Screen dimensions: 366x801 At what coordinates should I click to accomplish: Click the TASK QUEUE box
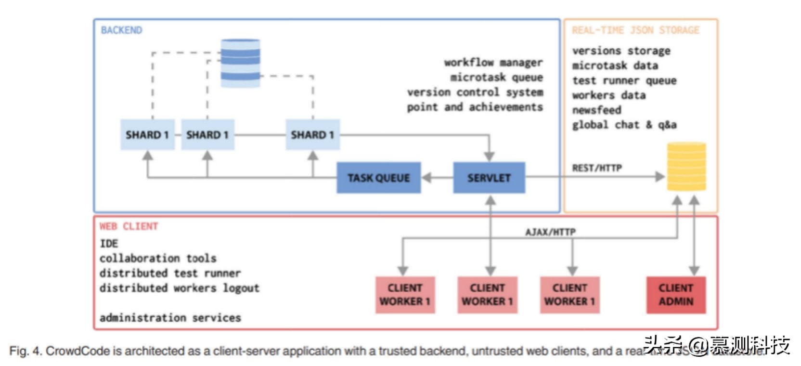(378, 178)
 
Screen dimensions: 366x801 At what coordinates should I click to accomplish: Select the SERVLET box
(489, 178)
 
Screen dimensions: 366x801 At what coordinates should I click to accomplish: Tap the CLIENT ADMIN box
(676, 295)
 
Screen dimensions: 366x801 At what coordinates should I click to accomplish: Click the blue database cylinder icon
(240, 63)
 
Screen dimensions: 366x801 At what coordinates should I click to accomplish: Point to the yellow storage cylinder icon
(686, 166)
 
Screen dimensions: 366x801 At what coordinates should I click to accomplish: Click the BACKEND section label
(121, 30)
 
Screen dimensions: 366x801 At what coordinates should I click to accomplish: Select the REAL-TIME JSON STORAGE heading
(635, 30)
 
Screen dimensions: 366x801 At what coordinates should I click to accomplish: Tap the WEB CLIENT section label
(129, 226)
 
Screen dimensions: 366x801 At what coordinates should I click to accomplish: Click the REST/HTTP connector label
(597, 168)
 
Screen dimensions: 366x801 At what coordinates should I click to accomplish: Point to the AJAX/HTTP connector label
(550, 232)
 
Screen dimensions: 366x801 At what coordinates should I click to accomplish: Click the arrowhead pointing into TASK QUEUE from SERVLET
(426, 178)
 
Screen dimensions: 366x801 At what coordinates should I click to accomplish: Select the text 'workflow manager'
(493, 63)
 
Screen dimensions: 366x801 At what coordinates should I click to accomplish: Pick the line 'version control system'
(475, 92)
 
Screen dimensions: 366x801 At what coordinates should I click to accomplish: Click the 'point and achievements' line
(475, 107)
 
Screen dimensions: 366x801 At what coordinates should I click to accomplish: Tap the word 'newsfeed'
(596, 110)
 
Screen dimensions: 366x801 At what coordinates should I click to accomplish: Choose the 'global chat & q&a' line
(624, 125)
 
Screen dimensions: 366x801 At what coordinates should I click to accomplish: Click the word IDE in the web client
(109, 244)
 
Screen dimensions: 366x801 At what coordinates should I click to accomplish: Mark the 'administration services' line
(170, 318)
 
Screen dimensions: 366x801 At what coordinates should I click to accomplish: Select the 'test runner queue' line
(624, 80)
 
